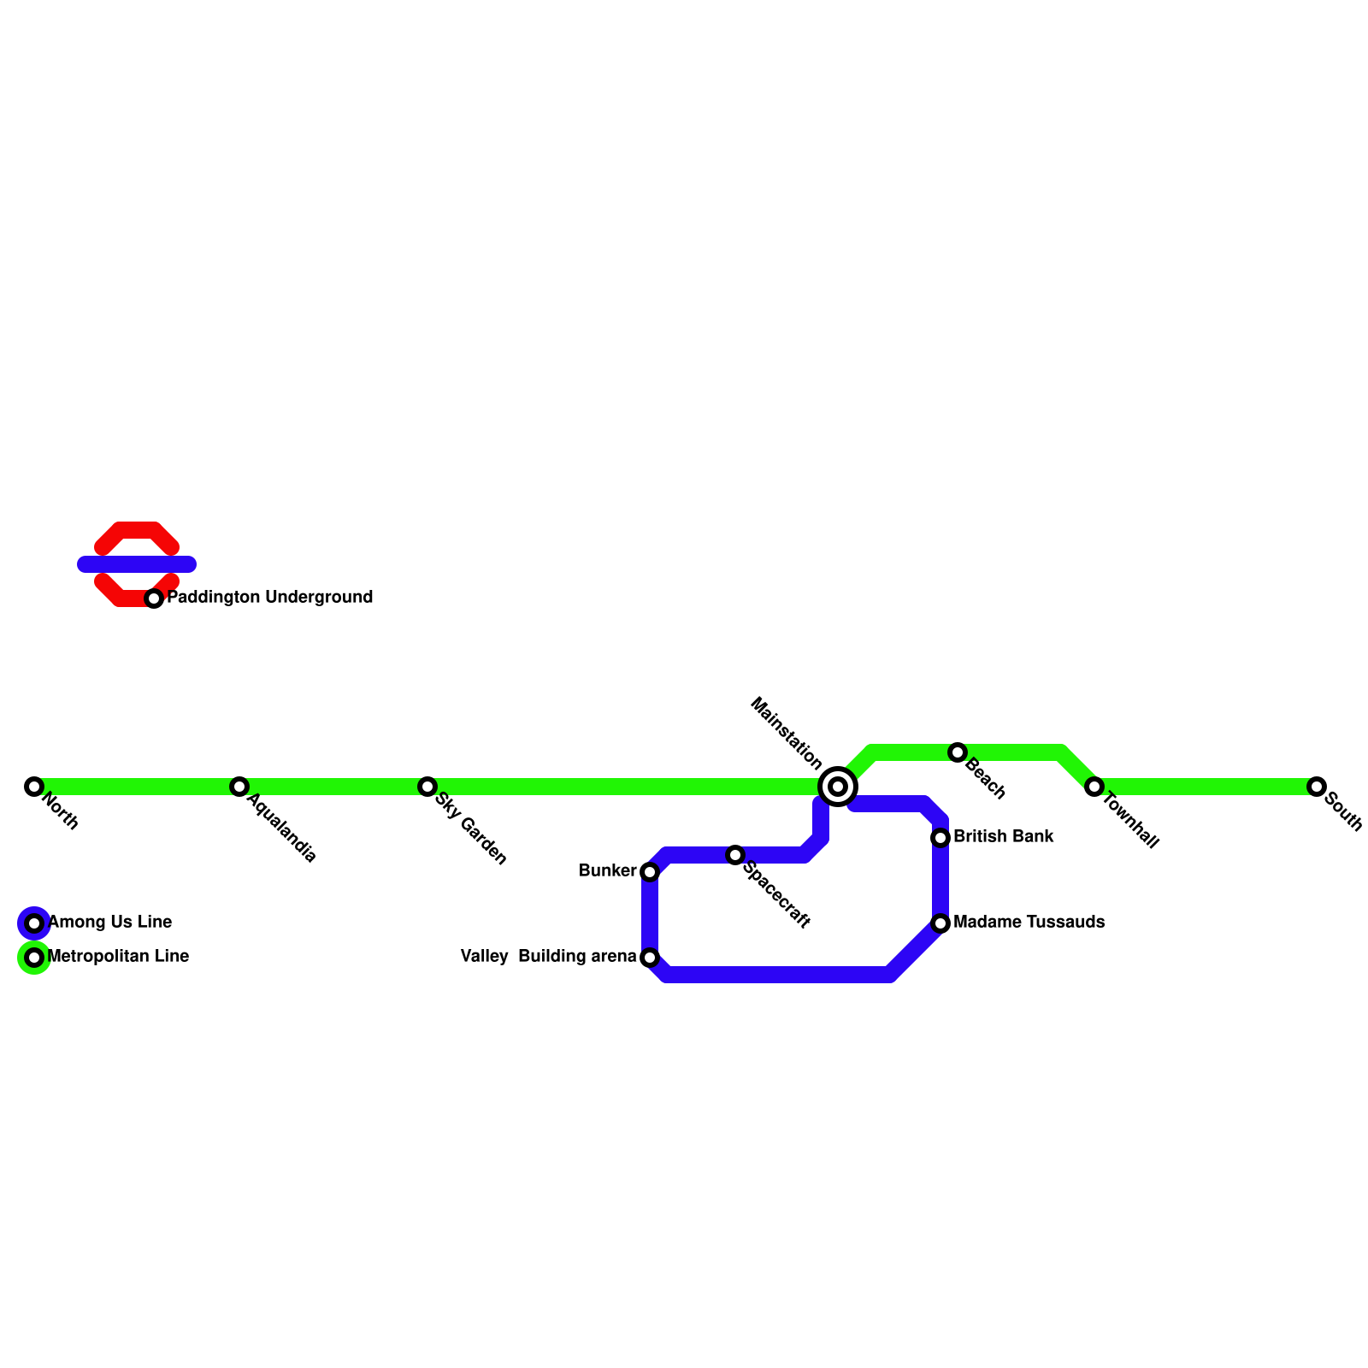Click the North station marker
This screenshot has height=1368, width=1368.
coord(34,787)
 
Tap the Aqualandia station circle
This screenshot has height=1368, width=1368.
coord(239,787)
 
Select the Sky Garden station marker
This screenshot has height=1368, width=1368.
coord(427,787)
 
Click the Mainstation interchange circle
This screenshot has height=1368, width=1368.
coord(838,787)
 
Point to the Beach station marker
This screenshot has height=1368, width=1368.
coord(958,752)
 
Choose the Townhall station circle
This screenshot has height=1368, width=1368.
coord(1094,787)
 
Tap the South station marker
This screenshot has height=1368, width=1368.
coord(1317,787)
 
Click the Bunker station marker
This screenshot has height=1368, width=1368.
coord(650,872)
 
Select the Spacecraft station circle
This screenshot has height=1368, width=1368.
coord(735,855)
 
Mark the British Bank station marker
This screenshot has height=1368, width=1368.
coord(940,838)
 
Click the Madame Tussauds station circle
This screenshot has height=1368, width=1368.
coord(940,923)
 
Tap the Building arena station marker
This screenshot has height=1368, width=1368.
coord(650,958)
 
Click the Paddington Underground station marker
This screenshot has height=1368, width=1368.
coord(154,598)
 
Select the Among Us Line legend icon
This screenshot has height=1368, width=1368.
coord(34,923)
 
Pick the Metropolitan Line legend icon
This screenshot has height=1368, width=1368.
coord(34,958)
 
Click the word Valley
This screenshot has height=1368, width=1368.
coord(485,957)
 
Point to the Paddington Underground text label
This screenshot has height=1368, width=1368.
coord(269,598)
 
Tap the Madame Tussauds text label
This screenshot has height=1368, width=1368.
coord(1029,923)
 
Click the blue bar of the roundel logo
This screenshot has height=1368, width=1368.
coord(137,564)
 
